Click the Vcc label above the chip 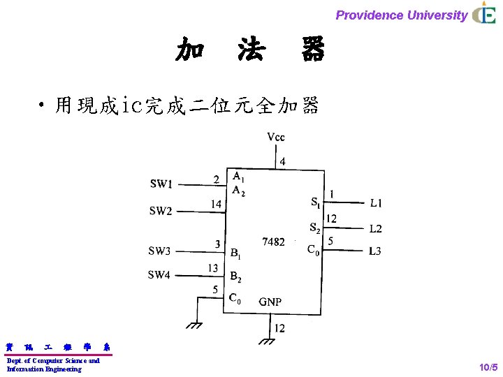276,137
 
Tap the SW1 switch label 161,184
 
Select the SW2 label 161,210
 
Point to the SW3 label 159,251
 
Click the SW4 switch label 159,275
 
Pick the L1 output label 376,203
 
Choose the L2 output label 376,228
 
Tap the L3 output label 375,251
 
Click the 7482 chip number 273,242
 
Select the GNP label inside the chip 270,302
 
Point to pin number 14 217,204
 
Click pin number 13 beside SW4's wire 212,268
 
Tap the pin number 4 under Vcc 282,162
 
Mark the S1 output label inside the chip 315,203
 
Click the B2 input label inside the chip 236,276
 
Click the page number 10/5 487,367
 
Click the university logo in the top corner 483,14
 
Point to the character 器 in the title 313,50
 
